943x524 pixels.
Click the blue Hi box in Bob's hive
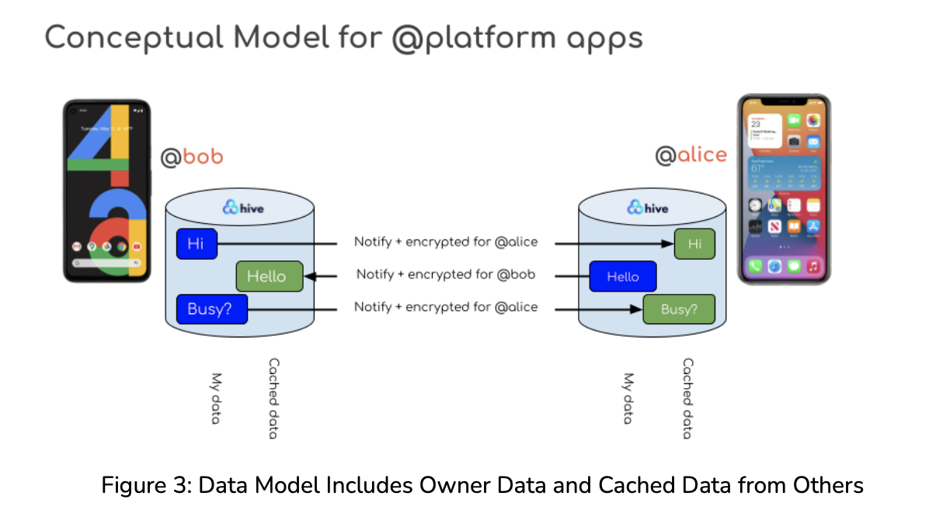(196, 243)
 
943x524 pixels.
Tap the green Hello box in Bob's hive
(266, 276)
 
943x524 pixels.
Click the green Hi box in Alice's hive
(694, 244)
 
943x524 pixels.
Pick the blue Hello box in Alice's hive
(622, 277)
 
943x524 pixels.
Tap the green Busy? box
(678, 309)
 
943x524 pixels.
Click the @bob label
(191, 157)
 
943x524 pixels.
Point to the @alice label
(691, 155)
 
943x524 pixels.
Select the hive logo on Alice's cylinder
(647, 208)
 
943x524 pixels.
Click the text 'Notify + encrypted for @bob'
(445, 274)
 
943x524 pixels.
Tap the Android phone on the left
(106, 190)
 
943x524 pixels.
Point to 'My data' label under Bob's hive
(216, 398)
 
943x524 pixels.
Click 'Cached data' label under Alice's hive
(687, 398)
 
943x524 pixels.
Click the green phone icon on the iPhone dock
(754, 267)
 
